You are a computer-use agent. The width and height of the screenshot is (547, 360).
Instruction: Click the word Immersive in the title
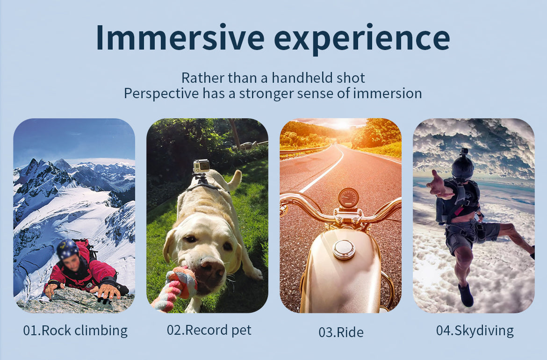click(x=180, y=37)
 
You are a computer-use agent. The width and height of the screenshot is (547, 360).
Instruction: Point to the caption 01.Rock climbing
click(x=75, y=331)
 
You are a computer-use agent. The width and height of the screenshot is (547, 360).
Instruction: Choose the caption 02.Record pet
click(x=209, y=330)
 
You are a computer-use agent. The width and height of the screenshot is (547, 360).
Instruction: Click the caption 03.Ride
click(x=341, y=332)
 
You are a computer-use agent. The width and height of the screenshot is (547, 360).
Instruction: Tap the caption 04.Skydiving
click(x=475, y=331)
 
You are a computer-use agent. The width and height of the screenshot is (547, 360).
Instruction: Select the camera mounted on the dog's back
click(x=201, y=166)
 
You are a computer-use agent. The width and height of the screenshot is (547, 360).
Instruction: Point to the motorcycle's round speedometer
click(x=348, y=198)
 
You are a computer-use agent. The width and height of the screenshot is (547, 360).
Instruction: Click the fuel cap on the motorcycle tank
click(x=344, y=249)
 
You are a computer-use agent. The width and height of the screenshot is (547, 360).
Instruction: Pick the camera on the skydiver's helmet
click(x=464, y=152)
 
